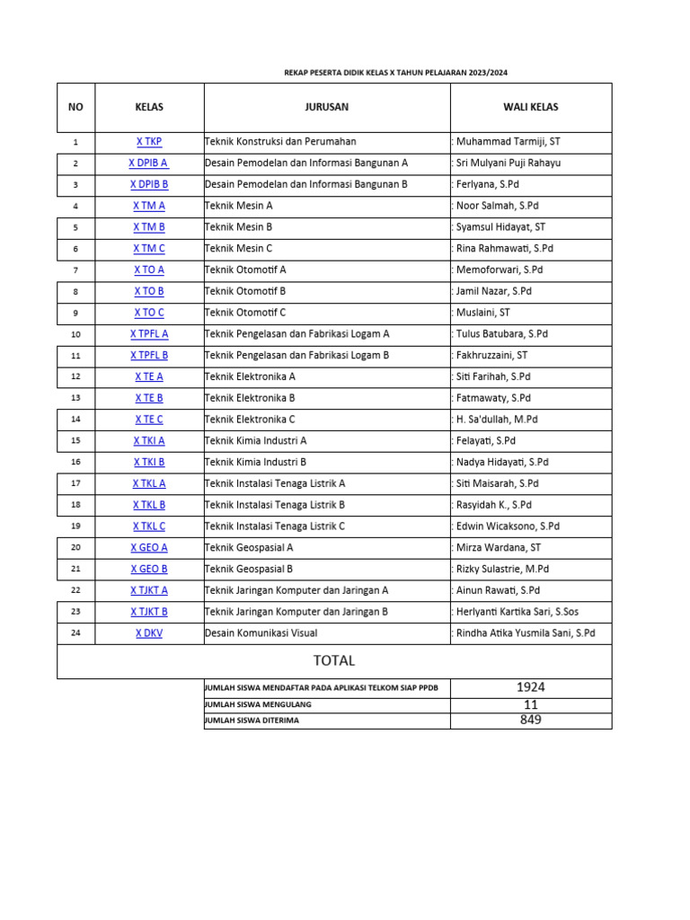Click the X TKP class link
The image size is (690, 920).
[x=149, y=141]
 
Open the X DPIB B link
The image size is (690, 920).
[x=149, y=184]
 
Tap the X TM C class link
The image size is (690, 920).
[x=149, y=248]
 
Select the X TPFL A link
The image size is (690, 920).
[x=149, y=333]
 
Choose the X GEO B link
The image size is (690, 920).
[x=149, y=569]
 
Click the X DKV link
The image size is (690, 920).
[x=149, y=632]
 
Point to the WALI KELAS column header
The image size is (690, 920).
[x=530, y=107]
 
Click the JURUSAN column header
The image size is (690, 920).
[x=327, y=107]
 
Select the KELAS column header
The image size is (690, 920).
[x=149, y=107]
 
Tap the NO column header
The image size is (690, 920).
[x=75, y=107]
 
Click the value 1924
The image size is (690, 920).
[x=530, y=687]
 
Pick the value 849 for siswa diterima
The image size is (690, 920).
[x=530, y=720]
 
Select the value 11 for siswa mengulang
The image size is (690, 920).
[x=530, y=704]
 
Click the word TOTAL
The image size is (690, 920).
[x=334, y=660]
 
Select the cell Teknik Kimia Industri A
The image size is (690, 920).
[x=256, y=440]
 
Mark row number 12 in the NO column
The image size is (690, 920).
[x=75, y=376]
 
